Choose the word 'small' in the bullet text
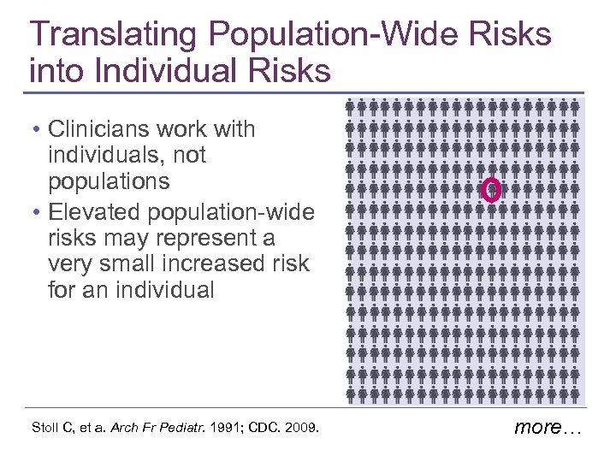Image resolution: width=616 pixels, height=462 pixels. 122,263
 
